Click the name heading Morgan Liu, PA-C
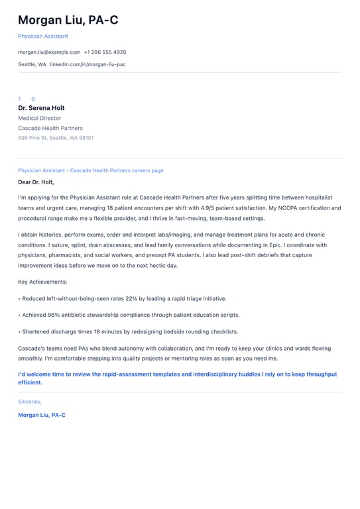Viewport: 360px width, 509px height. click(68, 20)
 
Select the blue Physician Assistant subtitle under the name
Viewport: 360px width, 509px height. click(43, 36)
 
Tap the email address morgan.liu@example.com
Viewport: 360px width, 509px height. click(49, 52)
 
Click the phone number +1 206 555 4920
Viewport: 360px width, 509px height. click(105, 52)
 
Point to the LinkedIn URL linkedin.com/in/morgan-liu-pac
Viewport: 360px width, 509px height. click(88, 64)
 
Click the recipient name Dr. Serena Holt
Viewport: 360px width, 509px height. click(41, 108)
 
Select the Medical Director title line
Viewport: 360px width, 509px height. click(39, 118)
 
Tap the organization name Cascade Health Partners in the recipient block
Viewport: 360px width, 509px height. click(50, 128)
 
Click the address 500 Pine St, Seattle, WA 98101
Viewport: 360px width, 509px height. click(56, 138)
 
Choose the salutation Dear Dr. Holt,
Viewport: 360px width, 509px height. click(36, 182)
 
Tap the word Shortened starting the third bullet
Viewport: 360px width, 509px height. click(38, 331)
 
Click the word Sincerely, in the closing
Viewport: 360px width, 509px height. click(30, 401)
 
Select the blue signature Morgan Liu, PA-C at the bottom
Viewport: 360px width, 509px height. click(42, 415)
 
